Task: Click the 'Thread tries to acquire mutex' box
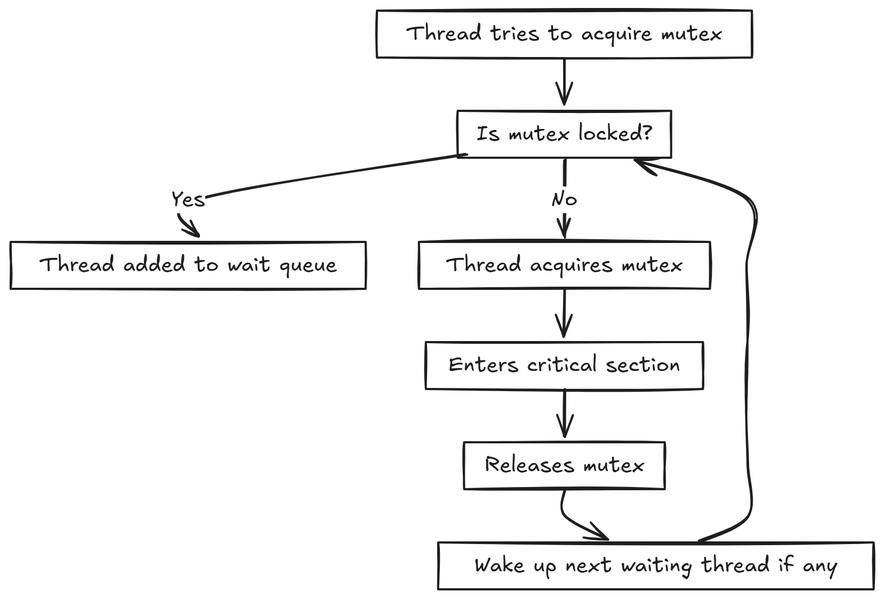coord(564,34)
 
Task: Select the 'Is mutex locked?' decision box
coord(564,134)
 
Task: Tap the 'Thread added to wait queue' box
coord(188,265)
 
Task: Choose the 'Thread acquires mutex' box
coord(564,265)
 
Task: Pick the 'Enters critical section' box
coord(564,365)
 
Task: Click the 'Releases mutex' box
coord(564,465)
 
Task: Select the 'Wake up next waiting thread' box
coord(656,565)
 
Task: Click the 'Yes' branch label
coord(188,199)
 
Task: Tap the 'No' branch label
coord(564,199)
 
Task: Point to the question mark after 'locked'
coord(647,133)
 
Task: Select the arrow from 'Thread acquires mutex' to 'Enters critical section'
coord(564,314)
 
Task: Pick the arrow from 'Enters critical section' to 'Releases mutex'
coord(564,415)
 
